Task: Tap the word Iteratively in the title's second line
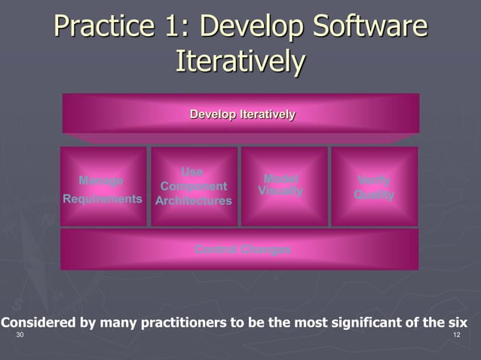(240, 62)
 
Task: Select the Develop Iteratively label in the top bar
(242, 114)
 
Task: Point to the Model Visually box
(283, 186)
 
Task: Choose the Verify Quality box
(374, 187)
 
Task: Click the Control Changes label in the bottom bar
(242, 249)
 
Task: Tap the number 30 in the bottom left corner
(20, 334)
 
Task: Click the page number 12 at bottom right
(456, 334)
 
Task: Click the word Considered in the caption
(37, 322)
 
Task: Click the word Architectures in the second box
(194, 201)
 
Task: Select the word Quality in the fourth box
(374, 194)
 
